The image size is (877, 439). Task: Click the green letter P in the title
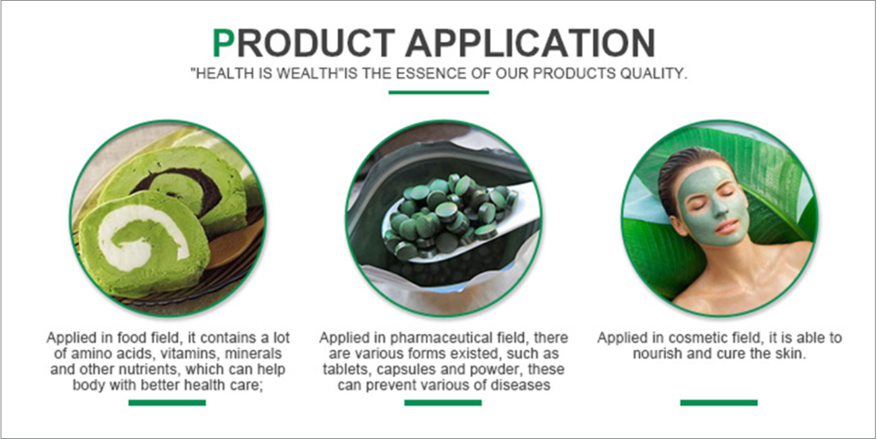click(223, 43)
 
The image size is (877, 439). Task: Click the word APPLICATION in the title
click(530, 43)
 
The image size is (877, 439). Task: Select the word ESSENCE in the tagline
click(430, 74)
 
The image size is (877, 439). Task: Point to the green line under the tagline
click(438, 93)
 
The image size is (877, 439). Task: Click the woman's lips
click(727, 226)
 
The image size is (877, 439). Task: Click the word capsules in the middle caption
click(408, 369)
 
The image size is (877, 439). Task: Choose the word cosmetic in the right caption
click(694, 338)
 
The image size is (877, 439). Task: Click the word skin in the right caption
click(791, 353)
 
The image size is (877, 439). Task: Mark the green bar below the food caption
click(167, 403)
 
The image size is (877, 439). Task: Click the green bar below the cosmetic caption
click(719, 403)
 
